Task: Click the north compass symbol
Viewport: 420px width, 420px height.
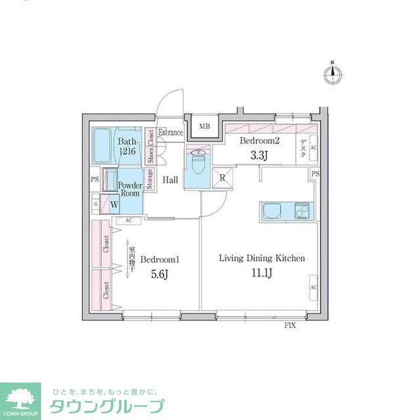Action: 333,75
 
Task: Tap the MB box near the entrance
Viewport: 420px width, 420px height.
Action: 205,128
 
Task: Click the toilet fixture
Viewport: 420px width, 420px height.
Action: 197,161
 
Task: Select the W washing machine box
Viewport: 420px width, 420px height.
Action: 114,204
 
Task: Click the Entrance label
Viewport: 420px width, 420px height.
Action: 171,133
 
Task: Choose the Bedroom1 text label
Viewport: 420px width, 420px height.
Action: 159,259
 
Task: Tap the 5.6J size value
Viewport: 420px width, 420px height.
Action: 159,275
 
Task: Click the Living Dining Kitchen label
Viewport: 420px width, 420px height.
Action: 261,258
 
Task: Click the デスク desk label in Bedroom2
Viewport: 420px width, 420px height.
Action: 303,147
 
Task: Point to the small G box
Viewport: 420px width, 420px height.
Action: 96,204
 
